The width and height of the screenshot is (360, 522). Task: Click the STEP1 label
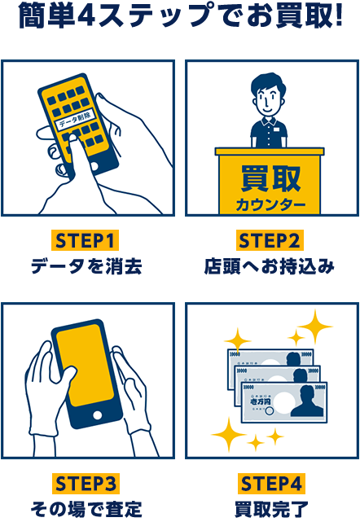85,240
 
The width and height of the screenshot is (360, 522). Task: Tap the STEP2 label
270,240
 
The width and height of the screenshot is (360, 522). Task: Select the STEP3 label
86,484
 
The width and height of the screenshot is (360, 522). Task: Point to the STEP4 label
271,484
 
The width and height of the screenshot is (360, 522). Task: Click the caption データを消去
86,266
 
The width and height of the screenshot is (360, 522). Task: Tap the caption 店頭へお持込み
270,266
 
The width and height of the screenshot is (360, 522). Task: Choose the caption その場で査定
86,509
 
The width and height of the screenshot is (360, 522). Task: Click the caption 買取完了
271,509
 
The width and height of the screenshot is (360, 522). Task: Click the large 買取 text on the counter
270,178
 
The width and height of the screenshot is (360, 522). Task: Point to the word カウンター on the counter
270,204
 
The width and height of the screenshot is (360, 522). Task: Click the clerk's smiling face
267,99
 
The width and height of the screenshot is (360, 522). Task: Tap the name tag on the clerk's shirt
277,128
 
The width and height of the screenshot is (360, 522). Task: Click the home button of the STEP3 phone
97,415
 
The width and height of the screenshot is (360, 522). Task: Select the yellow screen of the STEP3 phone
84,365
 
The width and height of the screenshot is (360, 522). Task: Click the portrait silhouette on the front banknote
307,401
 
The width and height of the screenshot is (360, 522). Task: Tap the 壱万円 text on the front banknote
260,401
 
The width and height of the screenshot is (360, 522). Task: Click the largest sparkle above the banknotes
314,327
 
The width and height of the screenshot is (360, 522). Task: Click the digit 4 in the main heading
86,16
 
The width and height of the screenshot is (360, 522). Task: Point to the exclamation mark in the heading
339,15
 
